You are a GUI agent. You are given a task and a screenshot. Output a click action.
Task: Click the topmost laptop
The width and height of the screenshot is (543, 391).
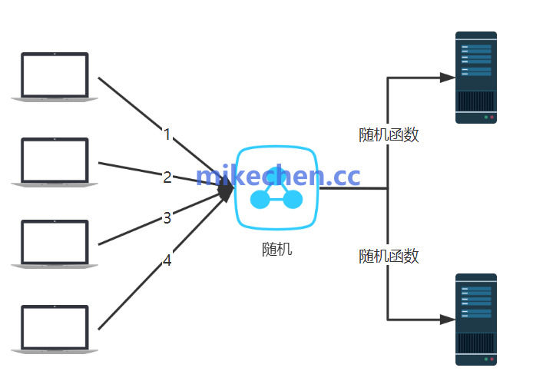(55, 76)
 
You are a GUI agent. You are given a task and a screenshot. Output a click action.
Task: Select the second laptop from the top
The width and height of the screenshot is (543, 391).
(55, 161)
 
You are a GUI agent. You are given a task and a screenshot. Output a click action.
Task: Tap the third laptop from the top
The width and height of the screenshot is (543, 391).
(55, 244)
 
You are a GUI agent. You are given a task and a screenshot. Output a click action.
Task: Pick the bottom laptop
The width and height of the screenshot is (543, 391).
(55, 330)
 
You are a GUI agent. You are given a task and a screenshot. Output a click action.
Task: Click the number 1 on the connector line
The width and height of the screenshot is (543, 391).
(167, 134)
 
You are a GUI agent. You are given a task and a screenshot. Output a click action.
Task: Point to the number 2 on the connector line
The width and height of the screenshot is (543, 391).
(167, 177)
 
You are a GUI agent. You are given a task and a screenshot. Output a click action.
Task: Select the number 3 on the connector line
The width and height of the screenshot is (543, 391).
(167, 218)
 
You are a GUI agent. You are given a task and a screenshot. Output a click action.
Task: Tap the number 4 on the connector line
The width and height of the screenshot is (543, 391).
(167, 260)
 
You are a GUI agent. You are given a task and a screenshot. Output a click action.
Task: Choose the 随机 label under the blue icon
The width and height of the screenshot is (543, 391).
(276, 250)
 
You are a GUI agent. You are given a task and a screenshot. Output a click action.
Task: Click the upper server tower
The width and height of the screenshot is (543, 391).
(476, 77)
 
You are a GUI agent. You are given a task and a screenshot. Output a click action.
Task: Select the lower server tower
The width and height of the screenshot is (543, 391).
(476, 319)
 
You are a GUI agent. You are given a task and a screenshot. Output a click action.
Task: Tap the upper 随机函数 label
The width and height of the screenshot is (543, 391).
(389, 135)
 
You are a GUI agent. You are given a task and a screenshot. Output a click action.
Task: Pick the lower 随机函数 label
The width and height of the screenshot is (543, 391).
(389, 256)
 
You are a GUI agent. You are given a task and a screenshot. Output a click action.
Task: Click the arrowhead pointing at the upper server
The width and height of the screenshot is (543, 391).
(447, 77)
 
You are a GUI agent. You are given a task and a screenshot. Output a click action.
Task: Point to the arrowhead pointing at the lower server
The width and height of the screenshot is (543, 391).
(447, 319)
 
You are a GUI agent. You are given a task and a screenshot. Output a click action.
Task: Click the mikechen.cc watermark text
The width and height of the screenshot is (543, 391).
(278, 176)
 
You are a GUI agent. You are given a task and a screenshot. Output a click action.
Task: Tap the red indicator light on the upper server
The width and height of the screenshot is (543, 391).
(492, 118)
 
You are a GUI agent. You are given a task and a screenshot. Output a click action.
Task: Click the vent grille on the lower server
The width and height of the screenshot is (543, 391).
(476, 343)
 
